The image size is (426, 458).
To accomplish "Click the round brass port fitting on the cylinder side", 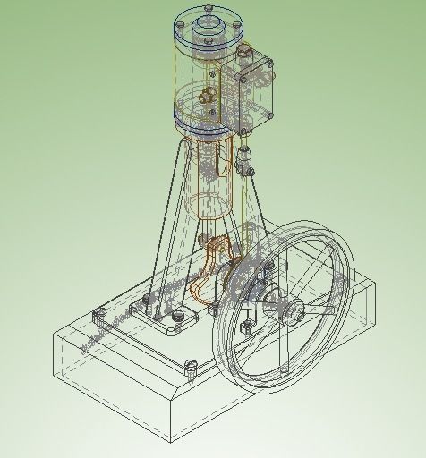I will (x=209, y=94).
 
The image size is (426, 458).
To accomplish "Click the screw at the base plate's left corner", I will (x=98, y=312).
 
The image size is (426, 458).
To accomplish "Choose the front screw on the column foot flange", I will (x=179, y=316).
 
